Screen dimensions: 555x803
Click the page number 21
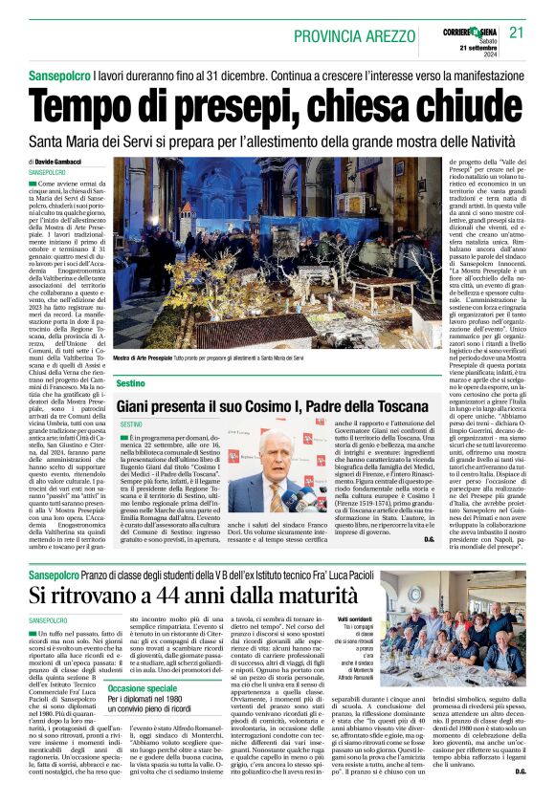(516, 33)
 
